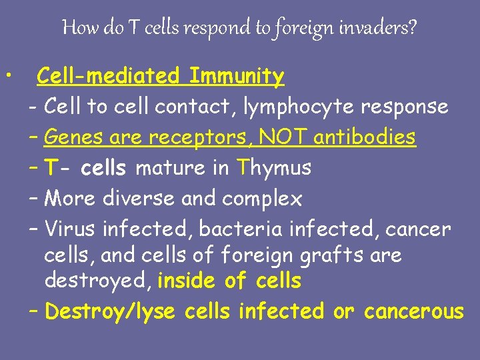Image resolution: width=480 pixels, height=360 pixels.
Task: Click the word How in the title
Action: click(76, 28)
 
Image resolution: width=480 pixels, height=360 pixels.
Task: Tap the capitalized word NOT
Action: click(283, 137)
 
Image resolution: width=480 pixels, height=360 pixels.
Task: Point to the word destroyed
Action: click(98, 281)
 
